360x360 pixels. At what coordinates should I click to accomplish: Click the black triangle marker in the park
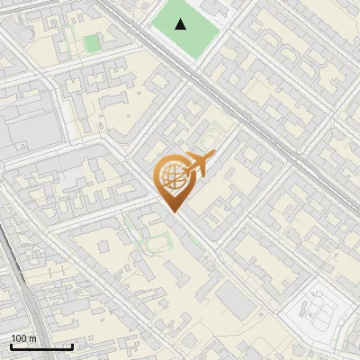click(181, 24)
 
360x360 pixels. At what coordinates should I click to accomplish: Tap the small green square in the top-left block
click(91, 43)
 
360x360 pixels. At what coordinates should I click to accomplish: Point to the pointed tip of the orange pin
click(173, 211)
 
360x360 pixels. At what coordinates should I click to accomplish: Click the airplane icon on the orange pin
click(200, 164)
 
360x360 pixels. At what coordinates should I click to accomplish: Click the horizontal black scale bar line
click(41, 346)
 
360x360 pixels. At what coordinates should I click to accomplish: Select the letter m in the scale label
click(33, 338)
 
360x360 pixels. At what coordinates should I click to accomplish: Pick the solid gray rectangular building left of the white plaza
click(236, 301)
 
